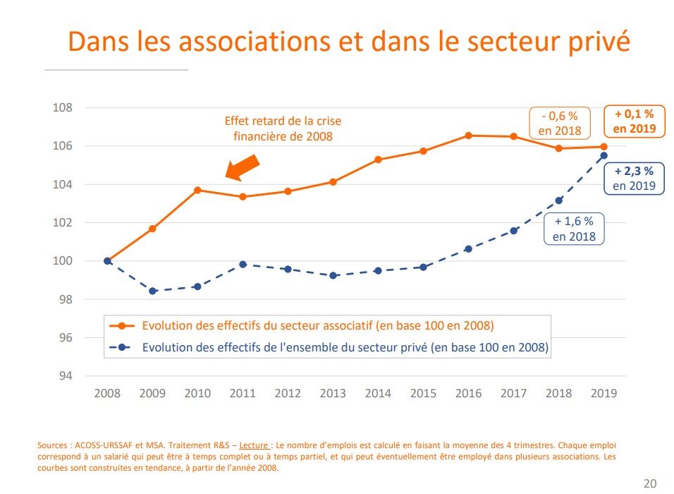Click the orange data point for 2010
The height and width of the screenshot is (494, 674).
pyautogui.click(x=197, y=190)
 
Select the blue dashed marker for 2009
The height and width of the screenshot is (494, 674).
pyautogui.click(x=152, y=291)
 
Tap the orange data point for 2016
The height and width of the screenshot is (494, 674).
pyautogui.click(x=468, y=135)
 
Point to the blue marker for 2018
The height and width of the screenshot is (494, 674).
pyautogui.click(x=558, y=200)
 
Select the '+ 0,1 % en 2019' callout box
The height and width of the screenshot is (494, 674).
pyautogui.click(x=634, y=121)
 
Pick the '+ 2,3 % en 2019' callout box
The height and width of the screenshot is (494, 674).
pyautogui.click(x=634, y=179)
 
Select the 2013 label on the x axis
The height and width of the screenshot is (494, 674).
pyautogui.click(x=333, y=393)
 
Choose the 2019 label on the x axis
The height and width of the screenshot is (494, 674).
pyautogui.click(x=603, y=393)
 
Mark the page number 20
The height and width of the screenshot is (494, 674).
pyautogui.click(x=649, y=483)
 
